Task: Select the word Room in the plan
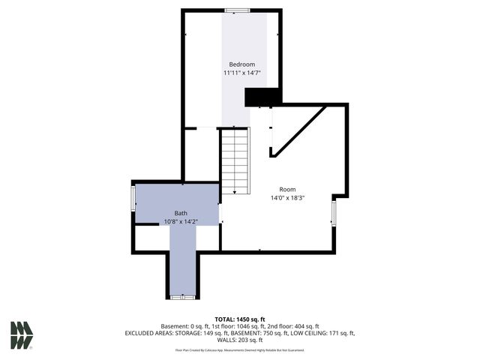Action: [287, 189]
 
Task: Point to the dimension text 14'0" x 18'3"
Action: [287, 198]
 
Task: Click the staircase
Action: [235, 161]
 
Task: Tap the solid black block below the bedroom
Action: [262, 97]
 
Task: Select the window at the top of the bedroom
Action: [238, 10]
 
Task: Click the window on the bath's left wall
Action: [133, 199]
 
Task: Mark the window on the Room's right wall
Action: [334, 212]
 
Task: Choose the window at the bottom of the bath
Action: [181, 298]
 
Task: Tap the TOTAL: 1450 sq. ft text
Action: [240, 319]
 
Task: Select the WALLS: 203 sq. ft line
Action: [240, 340]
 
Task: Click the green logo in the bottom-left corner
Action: [22, 334]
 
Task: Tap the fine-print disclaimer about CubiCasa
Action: [240, 349]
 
